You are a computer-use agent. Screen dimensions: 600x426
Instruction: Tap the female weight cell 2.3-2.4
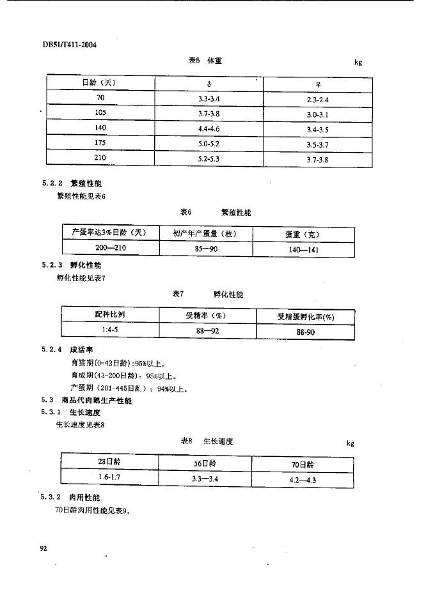tap(317, 100)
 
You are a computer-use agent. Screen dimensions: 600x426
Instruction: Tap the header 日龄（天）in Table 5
tap(99, 82)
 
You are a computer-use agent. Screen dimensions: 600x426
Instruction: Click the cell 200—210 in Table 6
tap(109, 248)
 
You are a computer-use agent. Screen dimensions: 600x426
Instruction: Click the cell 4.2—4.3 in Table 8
tap(303, 479)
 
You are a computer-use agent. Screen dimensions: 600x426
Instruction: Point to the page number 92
tap(44, 548)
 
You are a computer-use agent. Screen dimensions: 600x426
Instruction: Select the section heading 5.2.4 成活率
tap(68, 350)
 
